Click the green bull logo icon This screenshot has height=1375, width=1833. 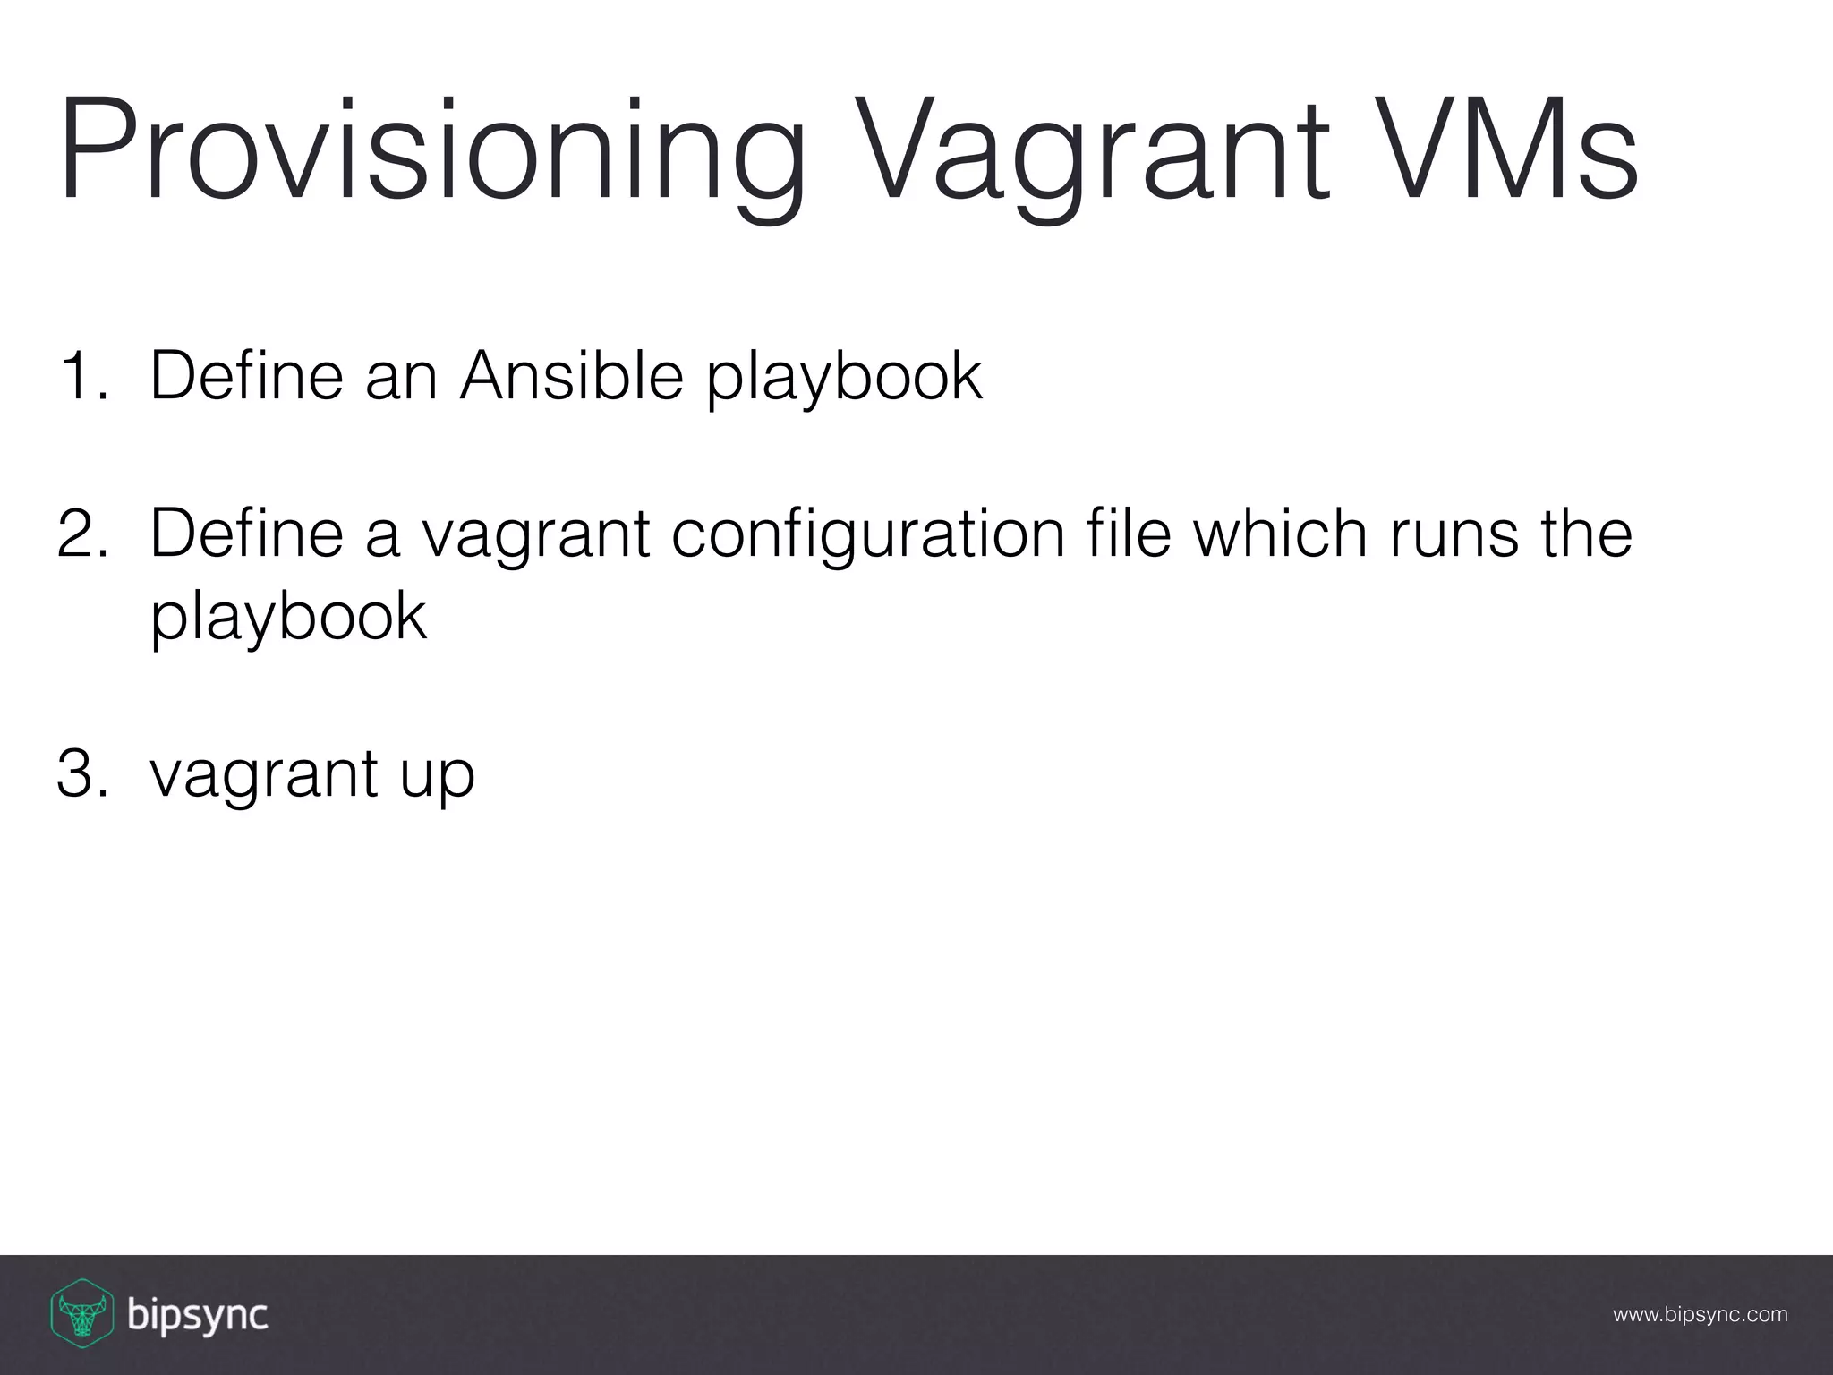click(81, 1313)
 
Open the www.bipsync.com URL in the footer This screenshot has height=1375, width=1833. click(1700, 1315)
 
